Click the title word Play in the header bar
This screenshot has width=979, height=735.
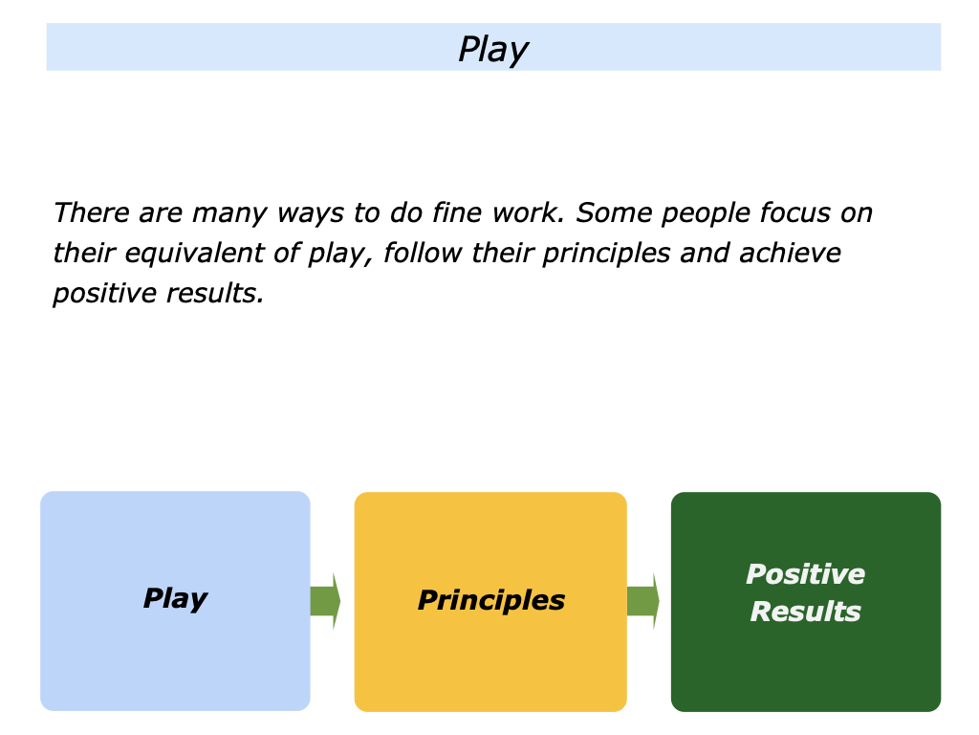(x=492, y=49)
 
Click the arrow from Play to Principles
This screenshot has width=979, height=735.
(x=325, y=601)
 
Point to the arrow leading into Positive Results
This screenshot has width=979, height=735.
(x=642, y=601)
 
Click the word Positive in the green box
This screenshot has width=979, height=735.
(x=805, y=574)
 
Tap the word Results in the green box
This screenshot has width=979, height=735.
(x=805, y=612)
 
